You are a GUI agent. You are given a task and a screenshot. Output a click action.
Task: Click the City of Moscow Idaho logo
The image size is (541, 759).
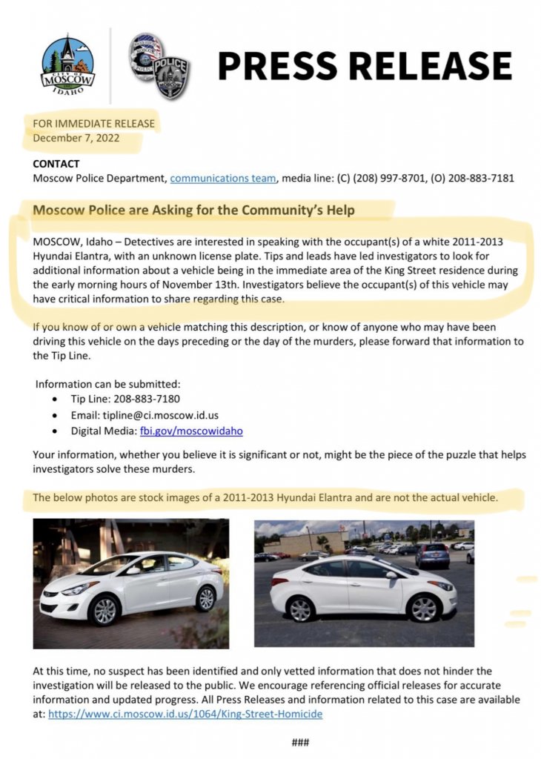[x=68, y=64]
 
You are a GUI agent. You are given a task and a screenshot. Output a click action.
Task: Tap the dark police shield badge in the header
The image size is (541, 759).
[x=170, y=78]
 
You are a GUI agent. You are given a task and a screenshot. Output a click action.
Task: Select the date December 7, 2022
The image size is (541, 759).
[x=76, y=137]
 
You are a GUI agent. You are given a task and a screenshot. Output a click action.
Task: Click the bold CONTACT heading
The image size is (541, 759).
[x=56, y=164]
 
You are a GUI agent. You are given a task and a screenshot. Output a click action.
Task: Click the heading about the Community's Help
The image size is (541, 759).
[x=194, y=211]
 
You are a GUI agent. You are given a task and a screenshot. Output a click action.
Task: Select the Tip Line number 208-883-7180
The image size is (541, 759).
[x=147, y=399]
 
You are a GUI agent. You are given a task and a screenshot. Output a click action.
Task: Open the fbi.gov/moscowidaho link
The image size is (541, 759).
[x=191, y=431]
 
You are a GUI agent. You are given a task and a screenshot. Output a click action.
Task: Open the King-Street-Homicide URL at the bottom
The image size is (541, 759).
[x=185, y=715]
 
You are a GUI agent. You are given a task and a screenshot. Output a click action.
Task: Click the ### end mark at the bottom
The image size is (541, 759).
[x=299, y=742]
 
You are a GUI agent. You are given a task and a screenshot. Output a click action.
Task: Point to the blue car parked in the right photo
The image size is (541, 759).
[x=432, y=555]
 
